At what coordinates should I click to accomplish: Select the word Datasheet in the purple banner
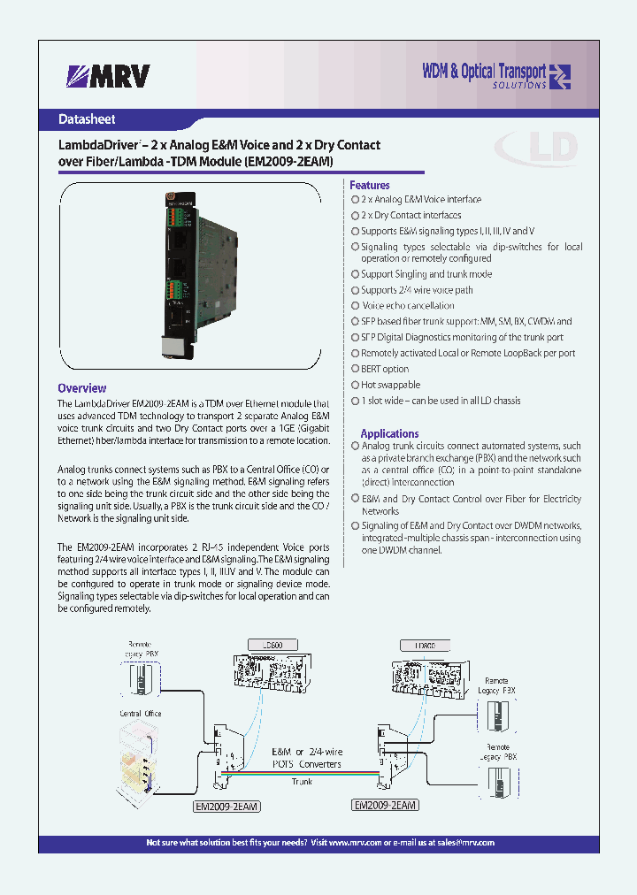click(87, 119)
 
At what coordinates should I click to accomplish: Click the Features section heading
click(370, 185)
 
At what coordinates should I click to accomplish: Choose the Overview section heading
click(81, 388)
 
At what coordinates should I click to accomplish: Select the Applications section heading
click(389, 433)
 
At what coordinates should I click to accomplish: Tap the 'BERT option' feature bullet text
click(385, 369)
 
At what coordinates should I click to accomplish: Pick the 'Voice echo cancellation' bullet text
click(408, 306)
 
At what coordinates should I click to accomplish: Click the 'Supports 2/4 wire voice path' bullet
click(417, 290)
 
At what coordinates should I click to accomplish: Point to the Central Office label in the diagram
click(141, 713)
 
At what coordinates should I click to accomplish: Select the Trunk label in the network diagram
click(302, 782)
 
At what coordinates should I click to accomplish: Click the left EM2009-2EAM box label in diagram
click(226, 806)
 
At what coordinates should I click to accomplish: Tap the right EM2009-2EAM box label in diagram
click(385, 805)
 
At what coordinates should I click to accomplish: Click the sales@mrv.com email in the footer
click(463, 843)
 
